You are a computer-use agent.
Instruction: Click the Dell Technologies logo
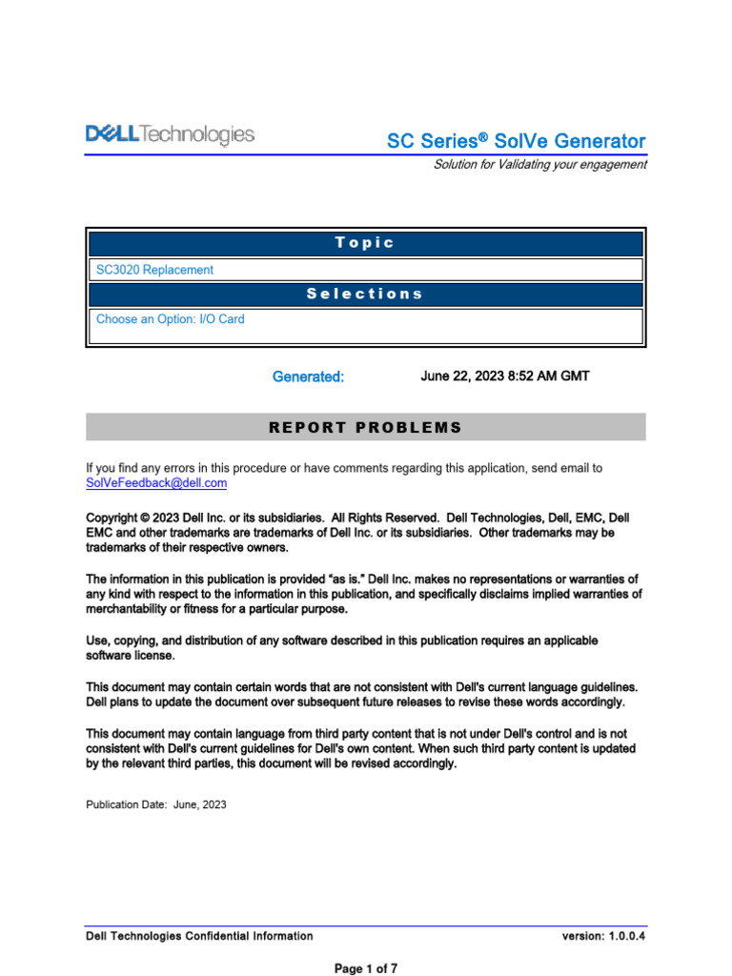coord(171,135)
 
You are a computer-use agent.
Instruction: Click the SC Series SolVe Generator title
coord(516,141)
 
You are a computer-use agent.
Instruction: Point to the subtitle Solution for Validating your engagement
coord(539,164)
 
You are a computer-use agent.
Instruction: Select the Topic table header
coord(365,243)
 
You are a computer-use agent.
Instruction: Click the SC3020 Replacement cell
coord(154,270)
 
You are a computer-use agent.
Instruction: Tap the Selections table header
coord(365,294)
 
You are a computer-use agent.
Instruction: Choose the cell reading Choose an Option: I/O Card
coord(171,319)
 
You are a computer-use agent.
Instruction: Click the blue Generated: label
coord(308,376)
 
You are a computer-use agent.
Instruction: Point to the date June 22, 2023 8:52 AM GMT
coord(504,376)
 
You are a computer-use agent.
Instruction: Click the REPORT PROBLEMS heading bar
coord(365,427)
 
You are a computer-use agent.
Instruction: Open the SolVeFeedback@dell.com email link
coord(156,483)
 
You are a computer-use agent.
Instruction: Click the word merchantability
coord(132,609)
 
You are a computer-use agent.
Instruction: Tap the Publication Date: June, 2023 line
coord(156,804)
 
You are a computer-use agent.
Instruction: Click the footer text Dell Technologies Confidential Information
coord(199,936)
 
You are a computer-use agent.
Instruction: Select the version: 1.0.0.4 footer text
coord(604,936)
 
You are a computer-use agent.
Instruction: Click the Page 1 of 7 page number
coord(365,968)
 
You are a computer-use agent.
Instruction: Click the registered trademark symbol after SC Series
coord(482,138)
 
